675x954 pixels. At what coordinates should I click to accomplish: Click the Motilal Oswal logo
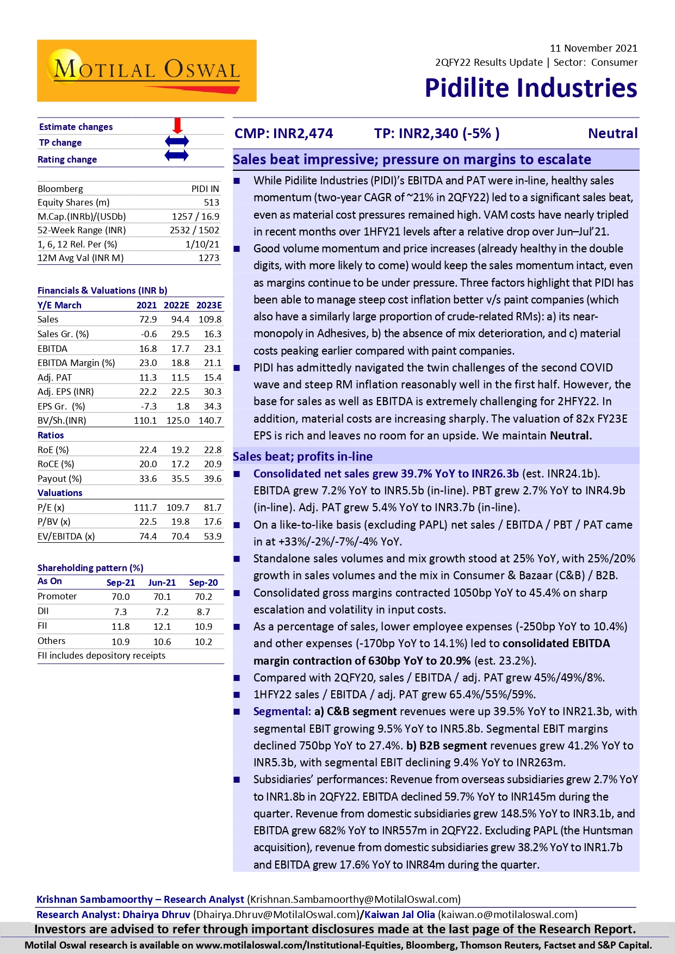coord(146,71)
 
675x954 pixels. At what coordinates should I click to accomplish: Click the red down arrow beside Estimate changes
coord(177,126)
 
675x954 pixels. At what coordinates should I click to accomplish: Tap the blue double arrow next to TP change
coord(177,141)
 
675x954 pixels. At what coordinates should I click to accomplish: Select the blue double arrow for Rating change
coord(177,156)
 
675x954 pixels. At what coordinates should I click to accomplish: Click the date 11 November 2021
coord(593,48)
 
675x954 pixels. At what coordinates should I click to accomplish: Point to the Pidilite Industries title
coord(530,88)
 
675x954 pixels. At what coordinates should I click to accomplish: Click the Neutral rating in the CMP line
coord(612,133)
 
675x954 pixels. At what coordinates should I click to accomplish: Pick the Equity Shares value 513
coord(211,202)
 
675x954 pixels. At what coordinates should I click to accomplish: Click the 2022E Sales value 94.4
coord(180,319)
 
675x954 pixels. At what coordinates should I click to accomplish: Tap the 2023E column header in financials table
coord(209,305)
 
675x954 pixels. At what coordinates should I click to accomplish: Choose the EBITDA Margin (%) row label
coord(76,363)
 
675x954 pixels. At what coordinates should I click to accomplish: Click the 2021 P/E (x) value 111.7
coord(145,507)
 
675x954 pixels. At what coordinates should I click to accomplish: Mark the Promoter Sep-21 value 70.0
coord(120,597)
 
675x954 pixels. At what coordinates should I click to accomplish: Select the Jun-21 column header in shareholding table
coord(162,583)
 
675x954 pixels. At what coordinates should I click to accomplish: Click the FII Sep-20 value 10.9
coord(203,627)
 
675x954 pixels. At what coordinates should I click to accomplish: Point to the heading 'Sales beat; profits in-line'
coord(302,456)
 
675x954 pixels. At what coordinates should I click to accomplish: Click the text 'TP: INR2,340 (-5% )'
coord(437,133)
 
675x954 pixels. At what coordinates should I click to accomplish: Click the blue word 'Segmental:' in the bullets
coord(282,711)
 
